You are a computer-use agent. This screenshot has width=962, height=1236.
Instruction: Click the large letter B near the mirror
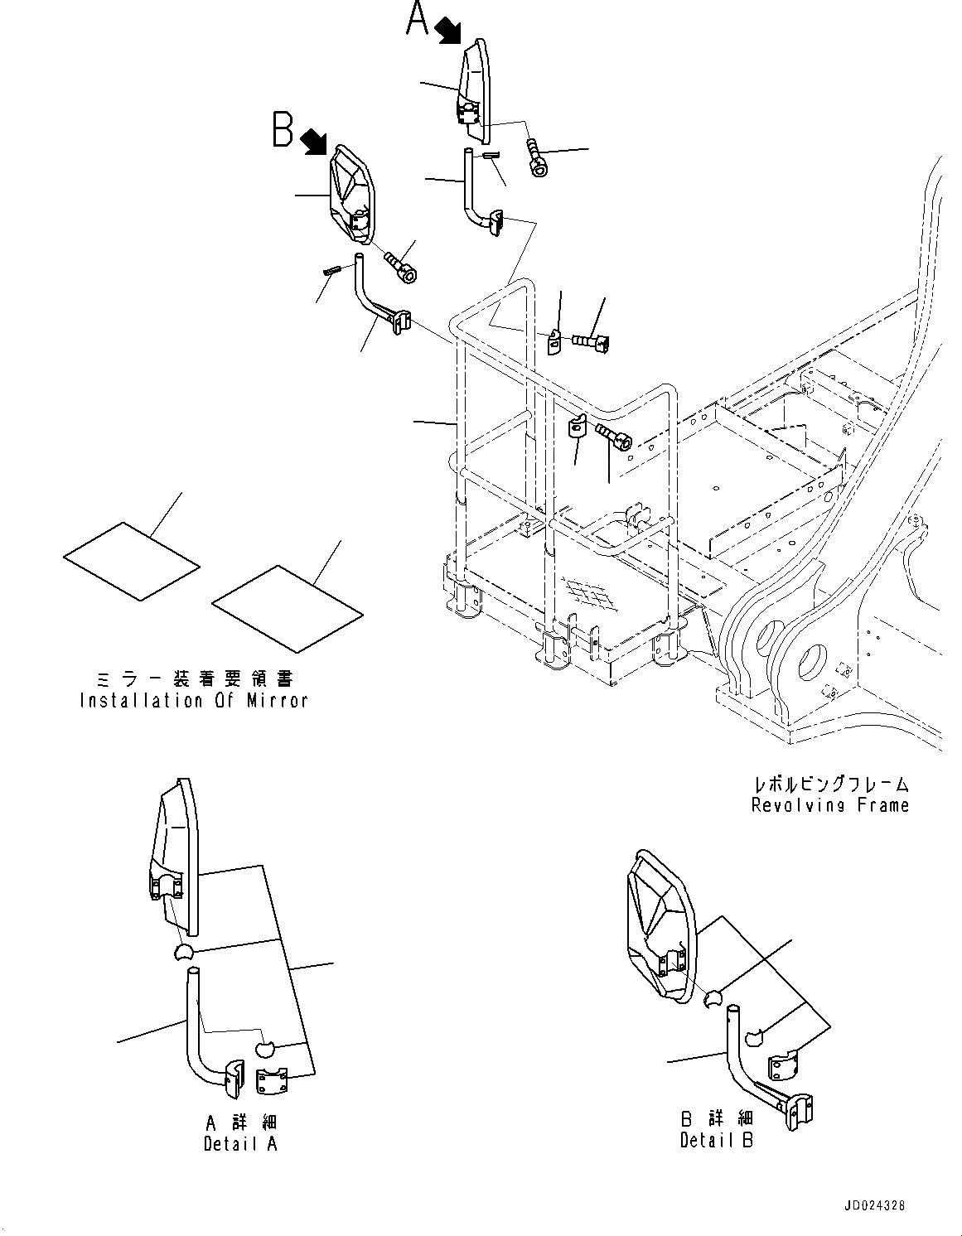tap(283, 130)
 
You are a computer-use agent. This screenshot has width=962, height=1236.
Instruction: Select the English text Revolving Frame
tap(829, 804)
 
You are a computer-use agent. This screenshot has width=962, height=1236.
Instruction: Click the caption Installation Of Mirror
tap(194, 700)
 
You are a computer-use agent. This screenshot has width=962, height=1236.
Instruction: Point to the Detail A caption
tap(240, 1143)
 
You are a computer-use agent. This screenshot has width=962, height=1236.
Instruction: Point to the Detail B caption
tap(717, 1140)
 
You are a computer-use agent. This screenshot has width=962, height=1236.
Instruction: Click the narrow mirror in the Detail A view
tap(175, 862)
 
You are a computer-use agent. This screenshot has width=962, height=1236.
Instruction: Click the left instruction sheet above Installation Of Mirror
tap(131, 561)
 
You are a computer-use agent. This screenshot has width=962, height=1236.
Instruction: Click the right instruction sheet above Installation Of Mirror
tap(287, 604)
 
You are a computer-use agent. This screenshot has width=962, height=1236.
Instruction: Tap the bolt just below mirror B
tap(401, 267)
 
